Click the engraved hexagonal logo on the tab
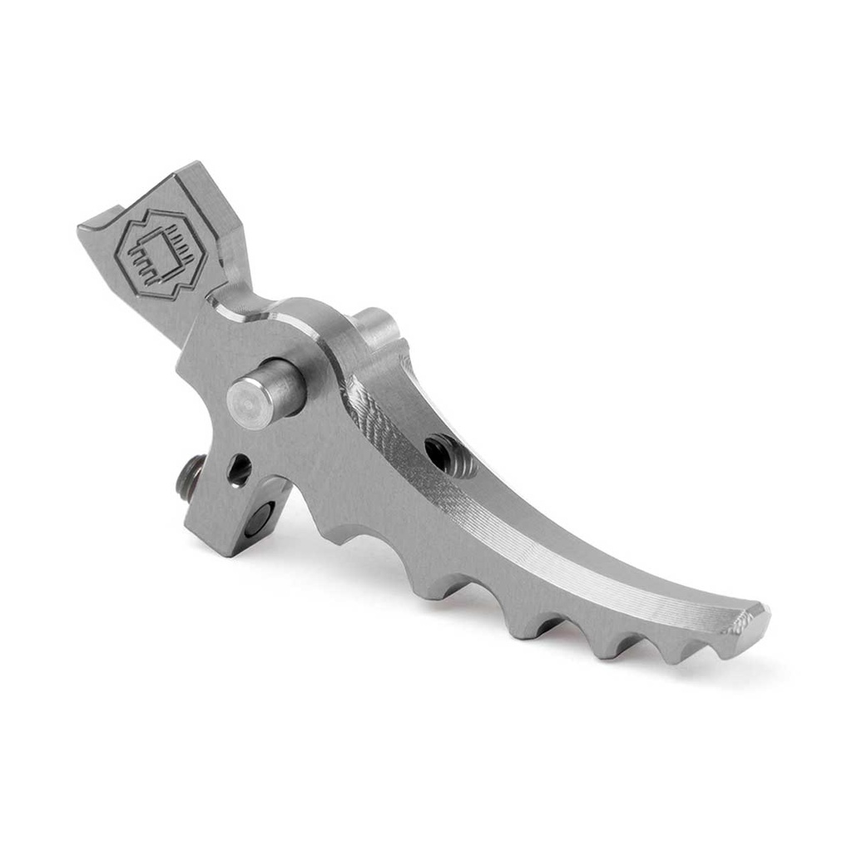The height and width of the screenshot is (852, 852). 159,255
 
